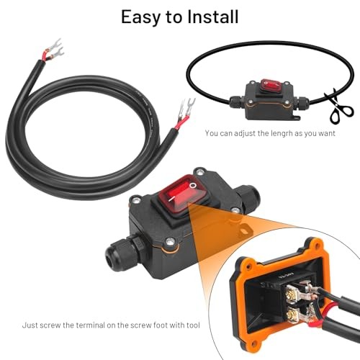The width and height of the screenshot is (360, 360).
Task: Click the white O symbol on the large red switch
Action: tap(193, 186)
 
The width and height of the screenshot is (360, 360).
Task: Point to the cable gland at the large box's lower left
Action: tap(125, 251)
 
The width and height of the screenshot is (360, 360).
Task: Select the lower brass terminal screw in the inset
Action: tap(293, 314)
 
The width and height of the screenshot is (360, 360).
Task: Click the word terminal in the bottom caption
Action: tap(91, 325)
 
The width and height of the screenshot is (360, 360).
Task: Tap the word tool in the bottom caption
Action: tap(193, 325)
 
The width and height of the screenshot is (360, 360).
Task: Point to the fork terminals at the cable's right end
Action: tap(186, 108)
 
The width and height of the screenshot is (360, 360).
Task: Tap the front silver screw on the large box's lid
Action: tap(170, 242)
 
